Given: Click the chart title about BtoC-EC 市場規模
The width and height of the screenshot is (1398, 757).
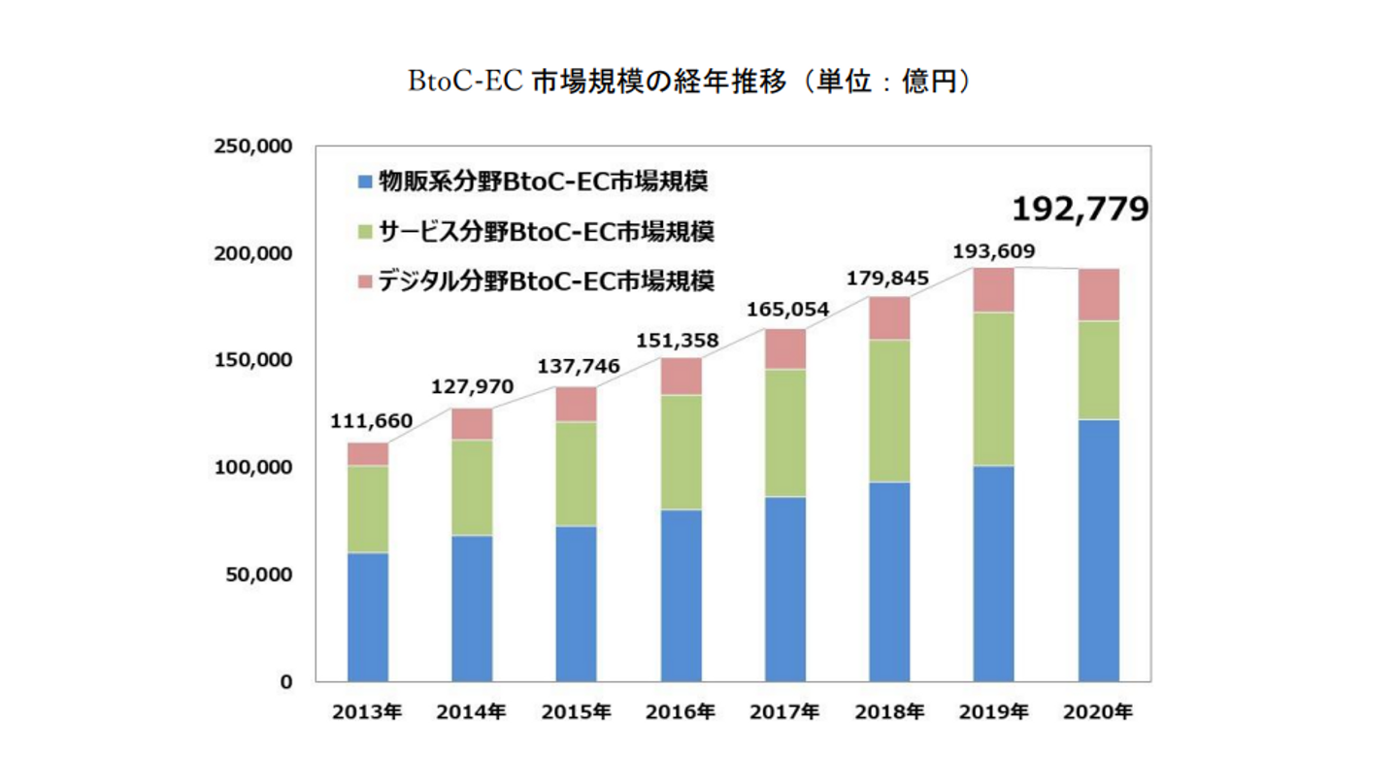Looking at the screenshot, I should coord(690,82).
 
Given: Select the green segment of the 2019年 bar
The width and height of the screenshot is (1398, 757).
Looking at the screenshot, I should coord(993,388).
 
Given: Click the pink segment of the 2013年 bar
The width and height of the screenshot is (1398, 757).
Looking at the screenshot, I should coord(368,454).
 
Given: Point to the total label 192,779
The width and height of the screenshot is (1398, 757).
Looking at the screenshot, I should coord(1080,209).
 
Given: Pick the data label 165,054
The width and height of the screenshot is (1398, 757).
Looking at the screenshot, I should coord(786,310).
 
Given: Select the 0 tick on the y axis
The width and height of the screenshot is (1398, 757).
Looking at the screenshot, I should coord(286,681).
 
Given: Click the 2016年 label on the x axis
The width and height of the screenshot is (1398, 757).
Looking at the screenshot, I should coord(681,713).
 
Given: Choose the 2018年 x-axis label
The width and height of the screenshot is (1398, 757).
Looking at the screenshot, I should coord(889,713).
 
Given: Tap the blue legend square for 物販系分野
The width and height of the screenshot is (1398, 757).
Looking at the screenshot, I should coord(365,181).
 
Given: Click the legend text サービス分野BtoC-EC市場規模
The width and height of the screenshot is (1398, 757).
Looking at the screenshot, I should coord(546,231).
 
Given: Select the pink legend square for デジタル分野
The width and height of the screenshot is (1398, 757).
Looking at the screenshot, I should coord(365,281).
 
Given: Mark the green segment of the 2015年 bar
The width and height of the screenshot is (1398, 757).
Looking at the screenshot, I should coord(577,474).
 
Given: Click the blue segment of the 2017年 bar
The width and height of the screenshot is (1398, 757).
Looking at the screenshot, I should coord(785,588).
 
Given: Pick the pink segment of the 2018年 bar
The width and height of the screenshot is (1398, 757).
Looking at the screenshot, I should coord(889,318).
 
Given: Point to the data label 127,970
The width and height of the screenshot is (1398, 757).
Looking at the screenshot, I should coord(473,387).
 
